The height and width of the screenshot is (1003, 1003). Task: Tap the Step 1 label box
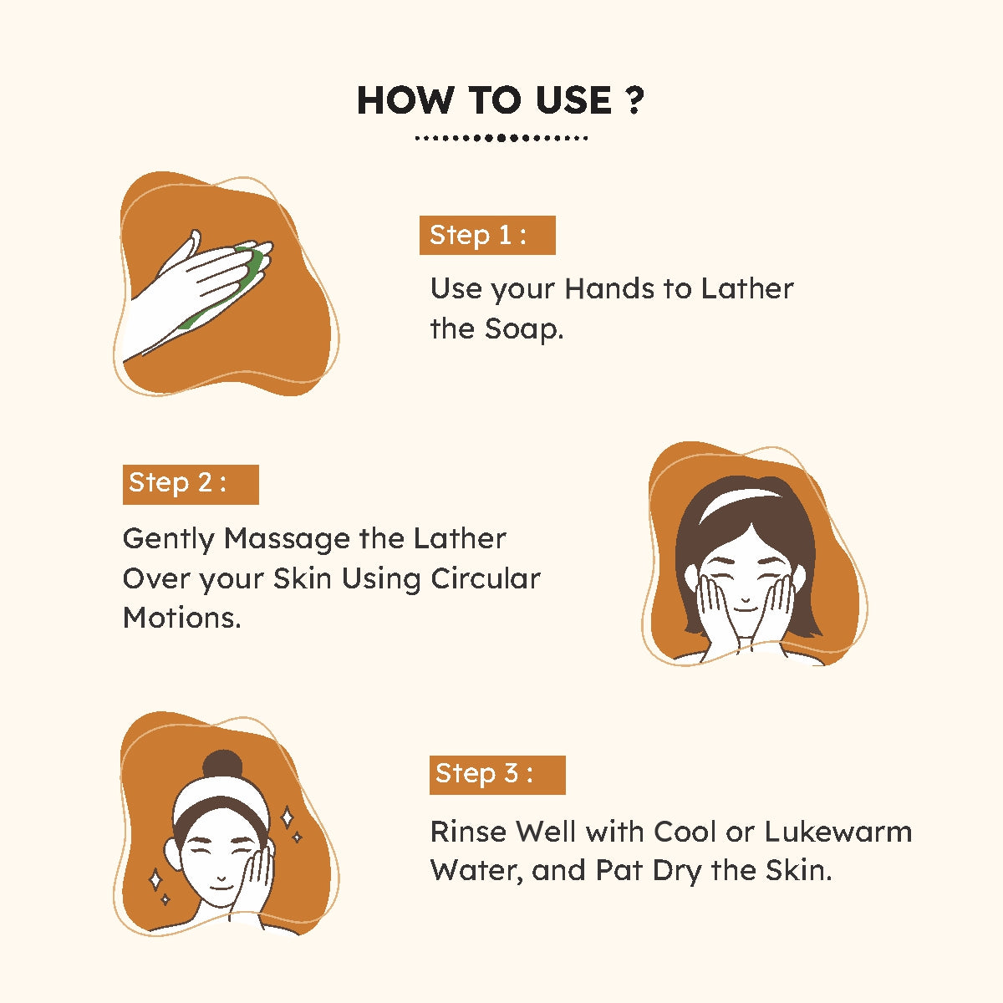coord(487,235)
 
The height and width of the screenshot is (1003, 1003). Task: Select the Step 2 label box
coord(191,484)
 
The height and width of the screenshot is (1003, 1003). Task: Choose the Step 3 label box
coord(497,775)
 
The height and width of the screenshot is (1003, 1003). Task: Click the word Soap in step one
coord(523,329)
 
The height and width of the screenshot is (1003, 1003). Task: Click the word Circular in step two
coord(486,578)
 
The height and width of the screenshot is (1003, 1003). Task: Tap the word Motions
coord(182,619)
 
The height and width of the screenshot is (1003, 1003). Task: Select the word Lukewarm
coord(838,832)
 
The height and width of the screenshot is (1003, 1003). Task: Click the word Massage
coord(287,539)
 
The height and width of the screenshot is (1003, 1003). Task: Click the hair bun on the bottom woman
coord(223,765)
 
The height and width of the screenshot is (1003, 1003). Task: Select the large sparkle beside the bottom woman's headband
coord(287,817)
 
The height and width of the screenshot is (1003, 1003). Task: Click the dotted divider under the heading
coord(501,138)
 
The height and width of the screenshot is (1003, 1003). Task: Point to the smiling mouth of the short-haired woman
coord(745,608)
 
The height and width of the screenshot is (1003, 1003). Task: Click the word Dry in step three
coord(678,871)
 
